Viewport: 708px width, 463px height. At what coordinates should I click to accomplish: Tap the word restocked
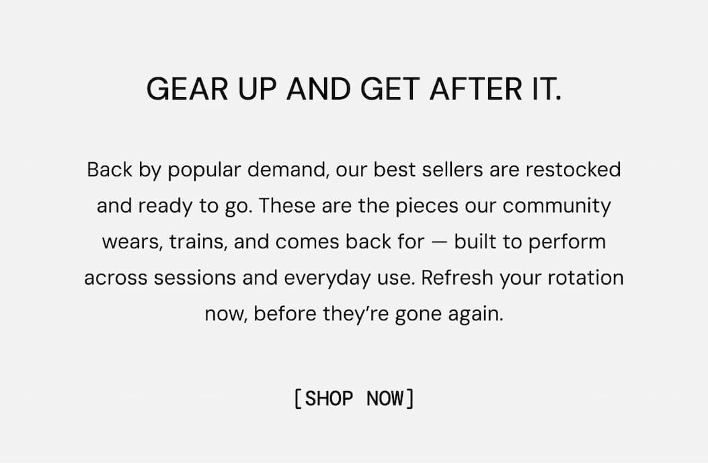573,170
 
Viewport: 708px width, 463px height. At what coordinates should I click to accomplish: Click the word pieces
427,206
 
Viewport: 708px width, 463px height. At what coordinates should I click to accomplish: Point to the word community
557,206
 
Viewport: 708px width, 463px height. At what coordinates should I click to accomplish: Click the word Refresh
457,278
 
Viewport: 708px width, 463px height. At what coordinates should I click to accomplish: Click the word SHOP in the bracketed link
329,398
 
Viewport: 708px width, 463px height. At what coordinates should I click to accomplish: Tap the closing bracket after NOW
409,398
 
